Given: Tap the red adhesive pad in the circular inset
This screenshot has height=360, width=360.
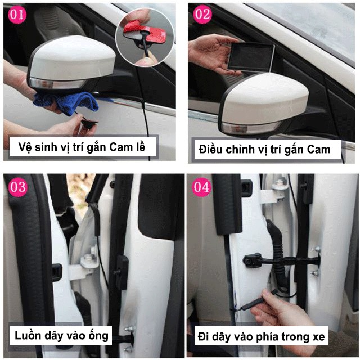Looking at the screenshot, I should (x=135, y=28).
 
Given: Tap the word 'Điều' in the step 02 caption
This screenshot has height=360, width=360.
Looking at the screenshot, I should (x=211, y=150).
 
